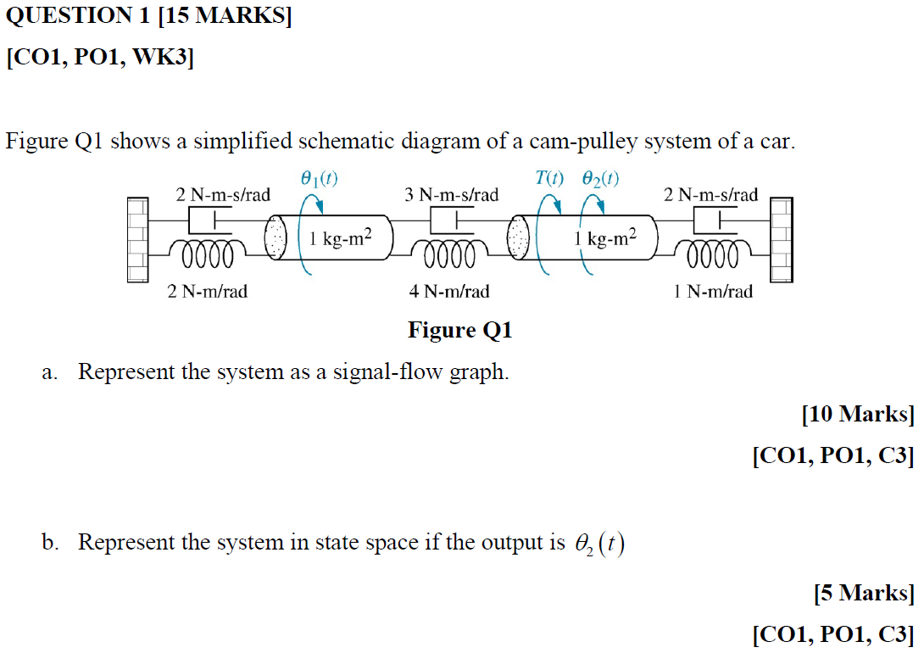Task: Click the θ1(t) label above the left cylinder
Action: click(x=319, y=178)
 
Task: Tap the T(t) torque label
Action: click(x=548, y=178)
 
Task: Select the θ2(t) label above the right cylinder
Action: click(x=600, y=178)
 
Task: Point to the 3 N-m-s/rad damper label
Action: click(x=452, y=195)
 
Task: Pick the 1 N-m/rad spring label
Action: click(x=712, y=292)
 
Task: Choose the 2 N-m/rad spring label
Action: click(x=208, y=292)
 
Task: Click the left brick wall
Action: click(x=138, y=240)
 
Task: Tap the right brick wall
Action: click(x=781, y=240)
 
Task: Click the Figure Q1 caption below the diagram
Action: click(x=460, y=330)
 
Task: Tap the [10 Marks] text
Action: click(x=858, y=415)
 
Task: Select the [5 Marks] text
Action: click(x=863, y=593)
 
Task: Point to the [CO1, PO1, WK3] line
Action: click(x=100, y=59)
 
